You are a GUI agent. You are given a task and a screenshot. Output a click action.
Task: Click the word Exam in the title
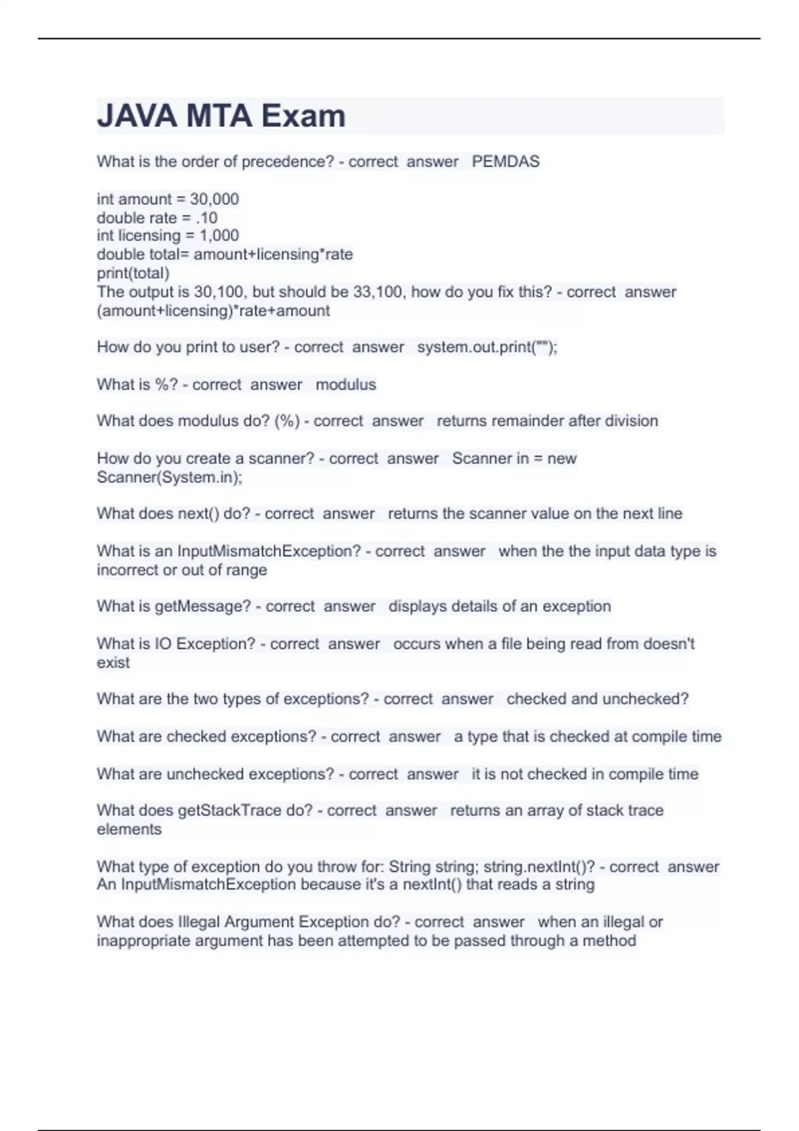click(x=303, y=116)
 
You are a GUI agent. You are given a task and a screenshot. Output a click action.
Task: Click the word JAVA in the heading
click(x=137, y=116)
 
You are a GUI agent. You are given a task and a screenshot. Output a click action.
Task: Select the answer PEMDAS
click(x=505, y=162)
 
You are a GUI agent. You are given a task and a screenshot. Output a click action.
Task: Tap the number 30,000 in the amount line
click(x=214, y=199)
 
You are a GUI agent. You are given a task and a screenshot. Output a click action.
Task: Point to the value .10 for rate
click(x=206, y=218)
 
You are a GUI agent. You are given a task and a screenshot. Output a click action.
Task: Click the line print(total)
click(x=133, y=273)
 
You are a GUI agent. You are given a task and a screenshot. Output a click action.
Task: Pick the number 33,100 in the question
click(x=378, y=292)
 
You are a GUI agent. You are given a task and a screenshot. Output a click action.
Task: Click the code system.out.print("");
click(x=487, y=347)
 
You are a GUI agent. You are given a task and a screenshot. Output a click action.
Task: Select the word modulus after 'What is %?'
click(x=346, y=385)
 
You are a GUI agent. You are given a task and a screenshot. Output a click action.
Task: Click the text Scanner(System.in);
click(x=170, y=477)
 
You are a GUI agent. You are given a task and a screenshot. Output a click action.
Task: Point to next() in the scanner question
click(x=198, y=514)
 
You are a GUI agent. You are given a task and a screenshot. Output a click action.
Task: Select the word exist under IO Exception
click(x=113, y=663)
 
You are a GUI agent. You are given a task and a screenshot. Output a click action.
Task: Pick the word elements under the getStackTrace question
click(x=129, y=830)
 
